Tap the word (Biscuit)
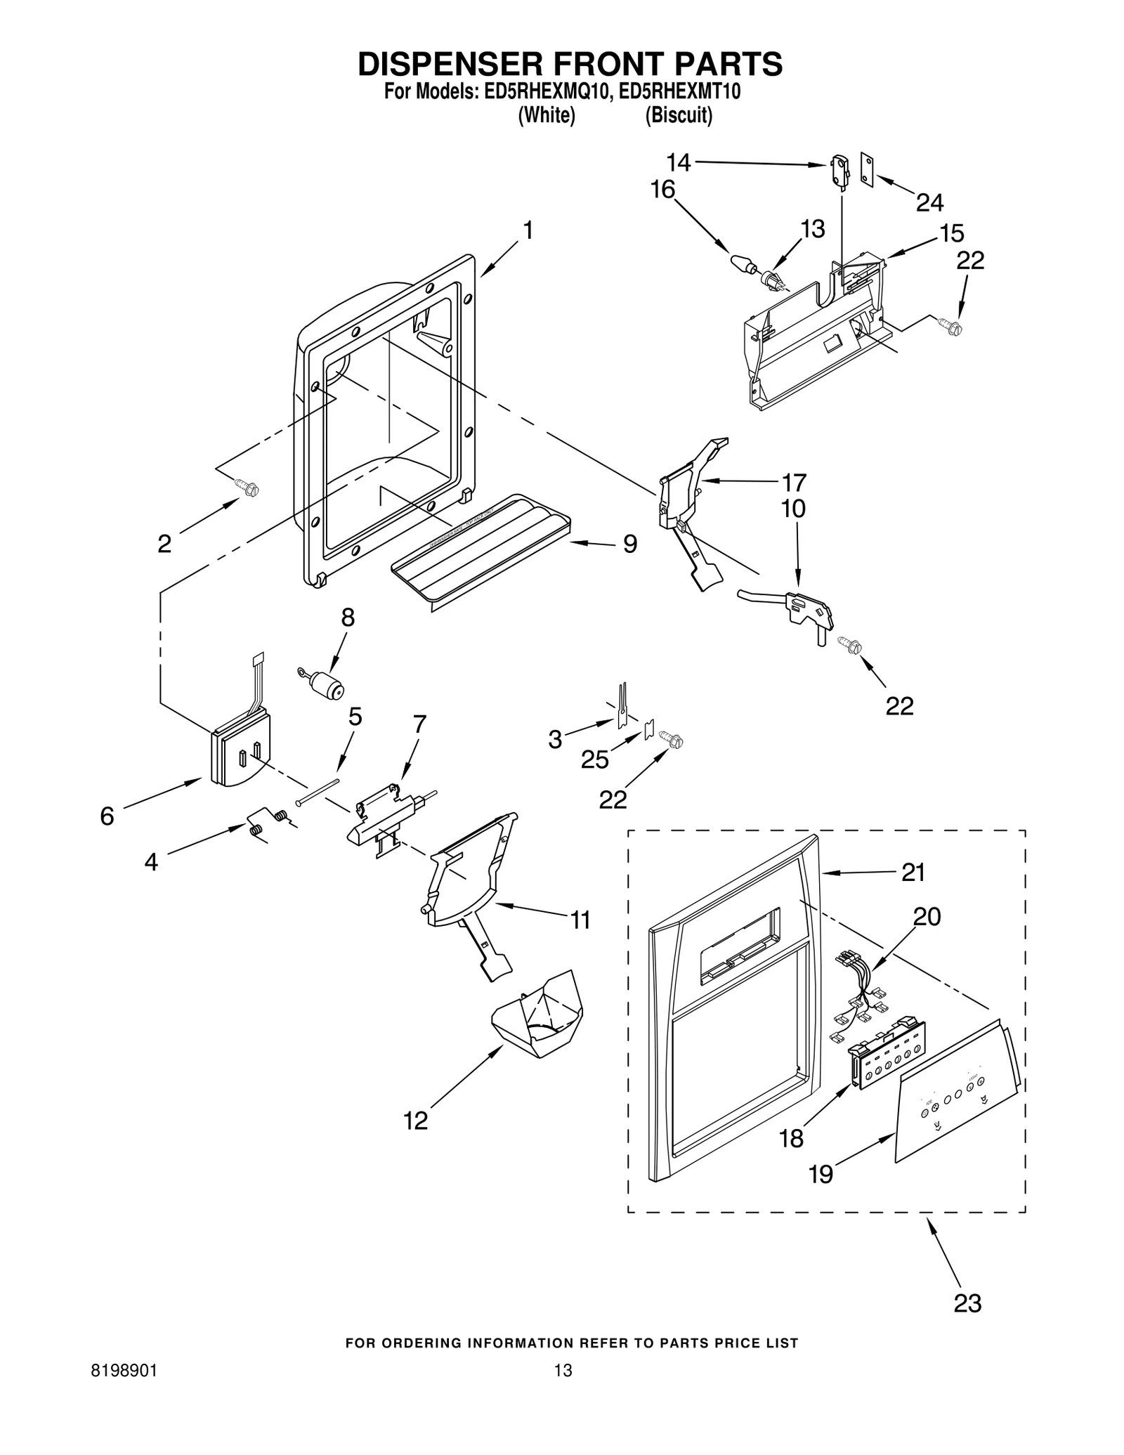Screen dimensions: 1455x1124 pyautogui.click(x=679, y=115)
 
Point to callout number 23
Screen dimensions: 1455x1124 pyautogui.click(x=967, y=1303)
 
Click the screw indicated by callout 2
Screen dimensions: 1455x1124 pyautogui.click(x=247, y=486)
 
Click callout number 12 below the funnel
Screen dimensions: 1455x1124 pyautogui.click(x=416, y=1120)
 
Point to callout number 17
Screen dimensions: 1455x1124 pyautogui.click(x=794, y=482)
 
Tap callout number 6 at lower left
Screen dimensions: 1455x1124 pyautogui.click(x=107, y=816)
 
